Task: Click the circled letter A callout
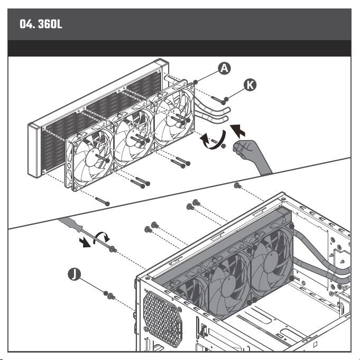coord(224,68)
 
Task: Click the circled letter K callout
coord(250,85)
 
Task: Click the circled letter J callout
coord(75,274)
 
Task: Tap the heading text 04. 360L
coord(41,24)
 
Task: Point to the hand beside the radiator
coord(250,154)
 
